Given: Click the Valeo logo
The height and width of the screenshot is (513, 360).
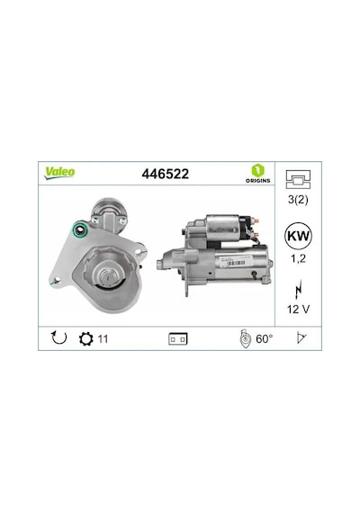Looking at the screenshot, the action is click(x=60, y=173).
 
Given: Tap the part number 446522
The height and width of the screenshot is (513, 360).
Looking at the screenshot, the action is click(x=166, y=174).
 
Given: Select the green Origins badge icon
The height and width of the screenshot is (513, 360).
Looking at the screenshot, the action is click(x=258, y=171).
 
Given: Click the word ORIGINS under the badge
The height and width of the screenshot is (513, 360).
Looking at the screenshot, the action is click(x=258, y=181).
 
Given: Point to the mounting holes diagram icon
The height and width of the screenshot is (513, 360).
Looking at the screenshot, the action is click(x=298, y=179).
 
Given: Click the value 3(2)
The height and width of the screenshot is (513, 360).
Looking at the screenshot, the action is click(x=298, y=200).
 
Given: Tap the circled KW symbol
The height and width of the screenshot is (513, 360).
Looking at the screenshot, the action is click(x=298, y=236).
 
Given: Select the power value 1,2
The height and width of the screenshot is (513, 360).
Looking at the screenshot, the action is click(x=298, y=258).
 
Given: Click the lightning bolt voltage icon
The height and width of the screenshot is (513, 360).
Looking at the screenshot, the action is click(x=298, y=290).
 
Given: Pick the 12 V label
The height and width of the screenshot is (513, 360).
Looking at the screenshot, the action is click(x=298, y=309).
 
